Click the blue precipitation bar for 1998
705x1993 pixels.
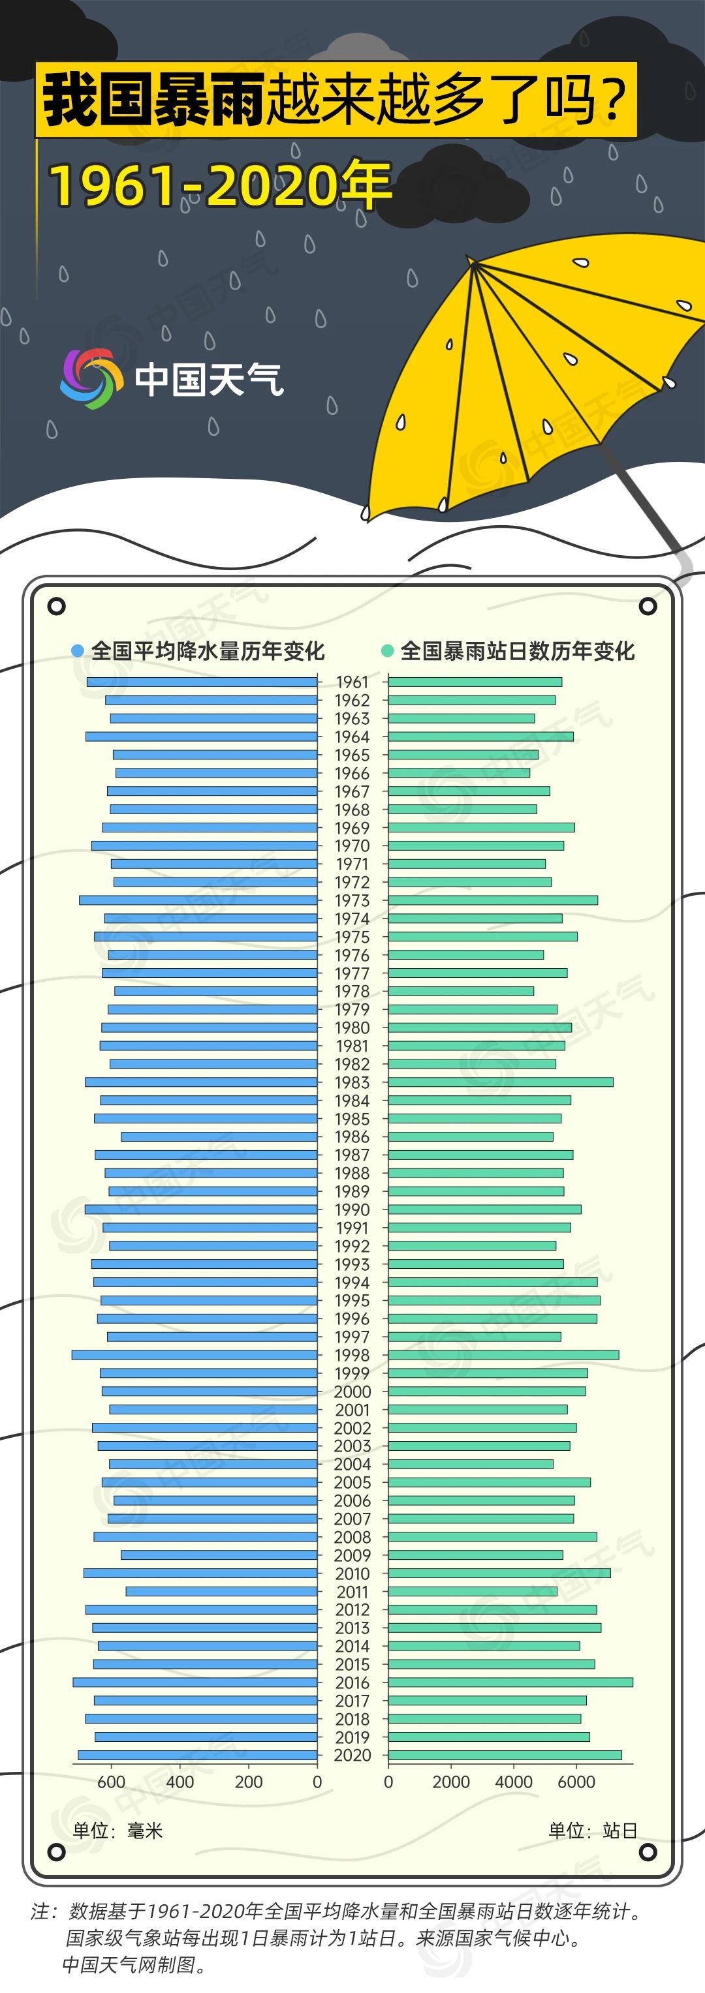tap(195, 1355)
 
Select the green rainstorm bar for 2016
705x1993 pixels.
tap(510, 1682)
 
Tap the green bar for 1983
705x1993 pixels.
tap(500, 1082)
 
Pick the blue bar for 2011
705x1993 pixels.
tap(221, 1591)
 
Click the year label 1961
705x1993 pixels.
tap(352, 682)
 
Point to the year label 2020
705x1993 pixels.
tap(352, 1755)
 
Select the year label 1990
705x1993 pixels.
tap(352, 1209)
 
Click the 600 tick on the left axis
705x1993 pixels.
tap(112, 1782)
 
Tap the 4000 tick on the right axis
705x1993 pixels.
tap(513, 1782)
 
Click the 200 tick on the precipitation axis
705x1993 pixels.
tap(249, 1782)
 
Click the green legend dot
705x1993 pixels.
tap(388, 650)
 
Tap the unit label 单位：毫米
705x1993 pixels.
tap(117, 1831)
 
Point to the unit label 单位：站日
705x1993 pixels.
tap(593, 1831)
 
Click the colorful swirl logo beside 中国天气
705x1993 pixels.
tap(91, 378)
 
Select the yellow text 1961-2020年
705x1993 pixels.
tap(221, 186)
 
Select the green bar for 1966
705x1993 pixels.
tap(459, 773)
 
